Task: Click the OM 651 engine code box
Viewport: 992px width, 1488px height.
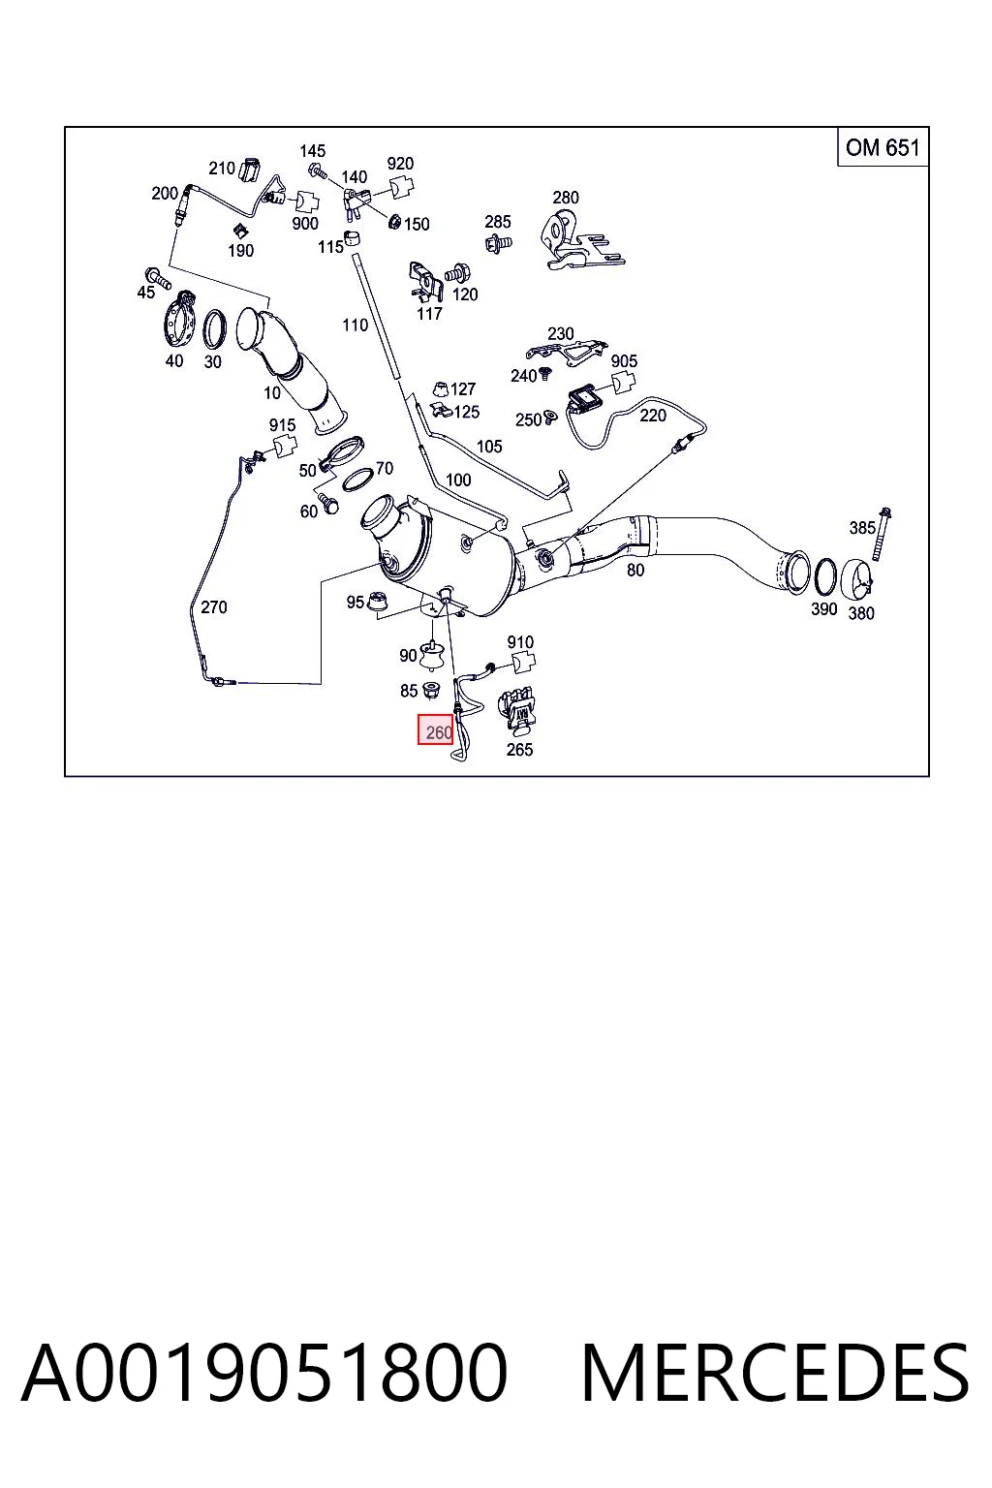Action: pyautogui.click(x=883, y=147)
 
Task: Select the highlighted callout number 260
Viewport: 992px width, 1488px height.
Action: pyautogui.click(x=435, y=729)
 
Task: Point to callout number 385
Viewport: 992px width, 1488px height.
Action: pyautogui.click(x=862, y=527)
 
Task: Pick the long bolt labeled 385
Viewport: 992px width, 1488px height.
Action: pyautogui.click(x=883, y=534)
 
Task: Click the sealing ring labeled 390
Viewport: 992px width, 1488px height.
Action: pyautogui.click(x=825, y=577)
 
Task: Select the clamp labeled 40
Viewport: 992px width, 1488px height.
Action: pyautogui.click(x=180, y=321)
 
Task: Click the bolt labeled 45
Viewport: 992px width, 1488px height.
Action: pyautogui.click(x=157, y=278)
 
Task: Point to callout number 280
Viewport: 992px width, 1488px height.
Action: pyautogui.click(x=566, y=198)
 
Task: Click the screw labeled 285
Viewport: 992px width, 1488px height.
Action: pyautogui.click(x=498, y=243)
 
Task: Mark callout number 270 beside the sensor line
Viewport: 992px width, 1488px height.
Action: pyautogui.click(x=214, y=606)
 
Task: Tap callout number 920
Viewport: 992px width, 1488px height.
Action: pyautogui.click(x=400, y=164)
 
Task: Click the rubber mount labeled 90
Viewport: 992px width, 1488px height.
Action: pyautogui.click(x=433, y=654)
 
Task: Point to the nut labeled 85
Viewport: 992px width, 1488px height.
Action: pyautogui.click(x=430, y=690)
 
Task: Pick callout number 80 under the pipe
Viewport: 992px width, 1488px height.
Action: pyautogui.click(x=635, y=570)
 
